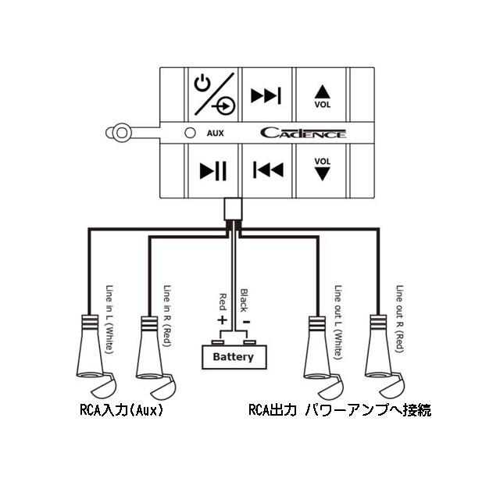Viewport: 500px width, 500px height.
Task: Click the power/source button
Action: pyautogui.click(x=212, y=95)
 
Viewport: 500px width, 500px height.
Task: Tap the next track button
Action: pyautogui.click(x=266, y=95)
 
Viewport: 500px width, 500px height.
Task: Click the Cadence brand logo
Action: pyautogui.click(x=302, y=133)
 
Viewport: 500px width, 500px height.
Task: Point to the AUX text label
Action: pyautogui.click(x=215, y=133)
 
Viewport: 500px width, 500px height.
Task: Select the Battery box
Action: pyautogui.click(x=233, y=357)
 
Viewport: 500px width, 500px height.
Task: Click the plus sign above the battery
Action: pyautogui.click(x=221, y=320)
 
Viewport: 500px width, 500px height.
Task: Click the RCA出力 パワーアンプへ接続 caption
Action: pyautogui.click(x=339, y=409)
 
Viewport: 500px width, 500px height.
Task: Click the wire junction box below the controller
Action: pyautogui.click(x=233, y=209)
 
